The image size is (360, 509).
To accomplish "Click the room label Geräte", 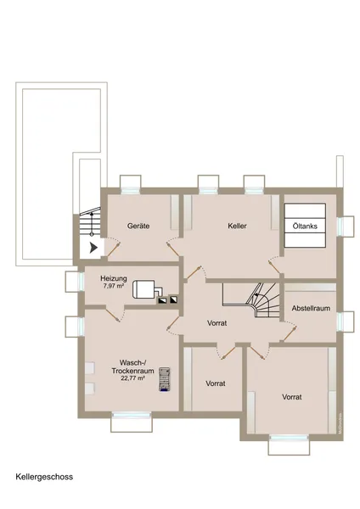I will pyautogui.click(x=138, y=227).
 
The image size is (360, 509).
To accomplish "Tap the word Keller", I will pyautogui.click(x=237, y=227).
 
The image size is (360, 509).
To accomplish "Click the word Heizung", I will pyautogui.click(x=114, y=277).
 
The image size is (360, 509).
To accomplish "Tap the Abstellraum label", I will pyautogui.click(x=310, y=309).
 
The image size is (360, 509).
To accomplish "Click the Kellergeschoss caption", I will pyautogui.click(x=44, y=477).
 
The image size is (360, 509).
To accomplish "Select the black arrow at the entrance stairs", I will pyautogui.click(x=93, y=249).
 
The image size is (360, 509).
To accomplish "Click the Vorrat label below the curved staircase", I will pyautogui.click(x=220, y=323).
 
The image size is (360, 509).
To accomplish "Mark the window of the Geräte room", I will pyautogui.click(x=131, y=183).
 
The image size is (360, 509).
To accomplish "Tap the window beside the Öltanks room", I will pyautogui.click(x=347, y=227).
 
